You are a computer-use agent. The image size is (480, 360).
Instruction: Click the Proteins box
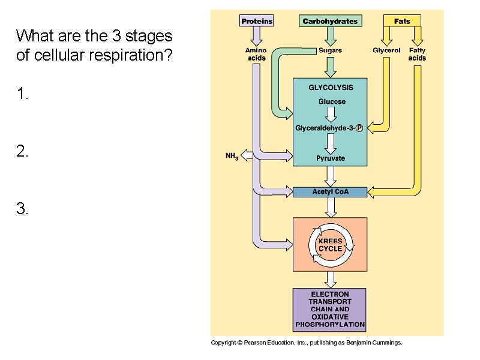click(256, 21)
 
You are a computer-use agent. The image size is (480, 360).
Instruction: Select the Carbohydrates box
click(330, 21)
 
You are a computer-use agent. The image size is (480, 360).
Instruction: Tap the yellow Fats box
click(402, 21)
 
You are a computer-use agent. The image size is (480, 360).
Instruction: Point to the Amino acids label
click(256, 54)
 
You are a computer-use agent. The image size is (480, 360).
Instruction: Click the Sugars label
click(330, 50)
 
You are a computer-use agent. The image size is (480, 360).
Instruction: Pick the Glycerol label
click(386, 50)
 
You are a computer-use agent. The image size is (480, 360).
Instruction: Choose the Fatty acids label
click(417, 54)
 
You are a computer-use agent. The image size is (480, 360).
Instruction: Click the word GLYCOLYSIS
click(331, 88)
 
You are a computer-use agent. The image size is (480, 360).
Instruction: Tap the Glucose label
click(332, 101)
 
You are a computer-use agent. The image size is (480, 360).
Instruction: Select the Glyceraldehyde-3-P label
click(329, 128)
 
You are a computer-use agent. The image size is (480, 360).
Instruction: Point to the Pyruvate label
click(331, 158)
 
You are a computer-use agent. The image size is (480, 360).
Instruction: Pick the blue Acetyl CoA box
click(329, 192)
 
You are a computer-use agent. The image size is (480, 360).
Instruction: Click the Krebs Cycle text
click(330, 245)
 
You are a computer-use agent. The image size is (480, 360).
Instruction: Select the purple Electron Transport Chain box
click(329, 309)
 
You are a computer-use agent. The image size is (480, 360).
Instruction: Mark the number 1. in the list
click(22, 94)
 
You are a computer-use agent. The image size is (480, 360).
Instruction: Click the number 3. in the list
click(22, 209)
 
